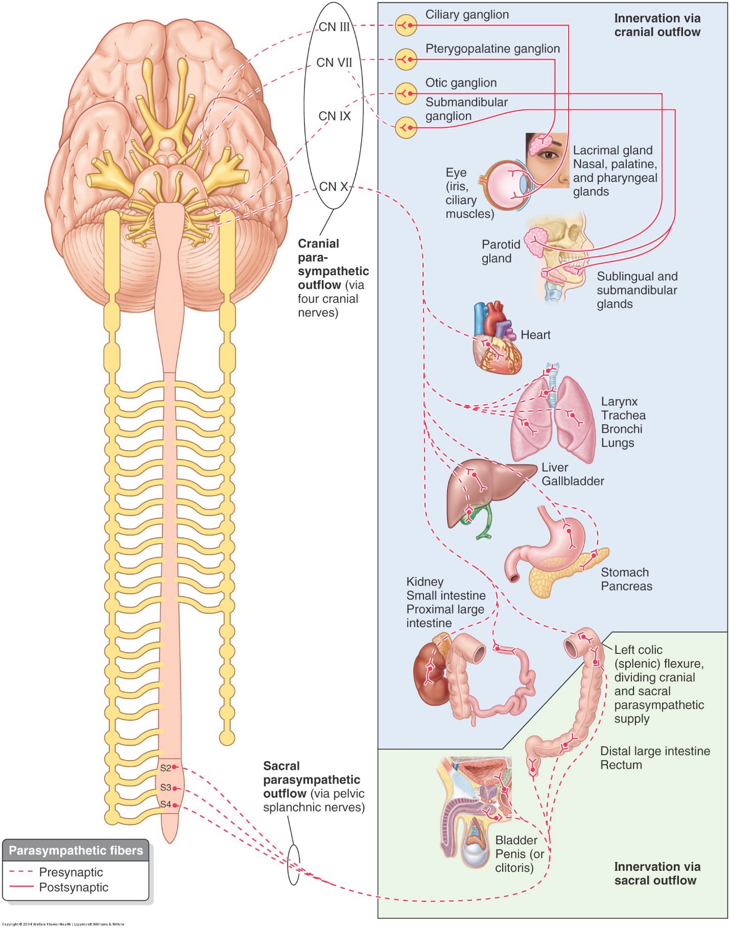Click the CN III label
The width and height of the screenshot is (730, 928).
(x=334, y=27)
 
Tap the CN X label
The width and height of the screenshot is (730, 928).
(x=334, y=187)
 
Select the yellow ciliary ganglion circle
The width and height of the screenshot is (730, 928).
(x=406, y=25)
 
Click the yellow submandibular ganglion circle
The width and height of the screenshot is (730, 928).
(x=406, y=127)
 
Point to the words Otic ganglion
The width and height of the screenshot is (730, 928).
(x=461, y=83)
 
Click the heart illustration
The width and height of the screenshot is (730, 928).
(x=496, y=339)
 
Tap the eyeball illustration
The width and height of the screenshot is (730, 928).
(x=508, y=185)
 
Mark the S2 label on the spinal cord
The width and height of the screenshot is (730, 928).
(x=166, y=768)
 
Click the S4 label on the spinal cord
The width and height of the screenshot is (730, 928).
(x=166, y=804)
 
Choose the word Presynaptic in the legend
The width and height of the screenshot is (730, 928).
(x=71, y=872)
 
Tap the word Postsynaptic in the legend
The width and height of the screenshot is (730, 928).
(x=74, y=887)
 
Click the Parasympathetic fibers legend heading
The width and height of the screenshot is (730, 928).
(x=76, y=850)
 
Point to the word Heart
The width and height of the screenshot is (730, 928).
(x=535, y=335)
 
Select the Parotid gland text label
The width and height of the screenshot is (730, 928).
(x=501, y=251)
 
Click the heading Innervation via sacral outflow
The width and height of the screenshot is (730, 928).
(x=656, y=873)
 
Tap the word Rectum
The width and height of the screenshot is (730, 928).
(x=621, y=765)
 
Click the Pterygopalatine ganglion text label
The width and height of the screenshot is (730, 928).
(x=492, y=48)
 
